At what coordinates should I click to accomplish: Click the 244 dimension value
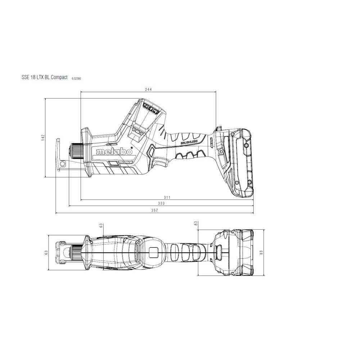pyautogui.click(x=148, y=89)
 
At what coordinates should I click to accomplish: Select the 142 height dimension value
pyautogui.click(x=42, y=137)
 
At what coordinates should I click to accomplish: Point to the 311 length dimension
pyautogui.click(x=167, y=197)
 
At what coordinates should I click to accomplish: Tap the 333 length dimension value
pyautogui.click(x=161, y=204)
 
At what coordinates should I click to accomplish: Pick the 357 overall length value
pyautogui.click(x=154, y=211)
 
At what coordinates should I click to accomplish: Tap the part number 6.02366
pyautogui.click(x=76, y=78)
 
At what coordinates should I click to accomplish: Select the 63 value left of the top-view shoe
pyautogui.click(x=46, y=253)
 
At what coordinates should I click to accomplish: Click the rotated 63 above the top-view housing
pyautogui.click(x=102, y=225)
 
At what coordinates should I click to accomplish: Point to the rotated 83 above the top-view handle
pyautogui.click(x=196, y=224)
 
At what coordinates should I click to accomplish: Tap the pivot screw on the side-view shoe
pyautogui.click(x=63, y=164)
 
